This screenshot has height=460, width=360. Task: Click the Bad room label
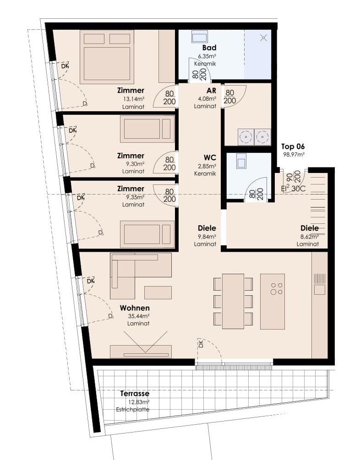point(209,48)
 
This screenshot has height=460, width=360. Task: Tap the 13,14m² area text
point(134,99)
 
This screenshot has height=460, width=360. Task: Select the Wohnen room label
point(135,308)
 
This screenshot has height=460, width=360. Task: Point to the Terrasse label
point(135,394)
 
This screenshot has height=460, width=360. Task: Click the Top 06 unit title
point(293,146)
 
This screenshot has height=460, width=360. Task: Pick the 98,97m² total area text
point(294,154)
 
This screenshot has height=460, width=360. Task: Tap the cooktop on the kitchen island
point(277,289)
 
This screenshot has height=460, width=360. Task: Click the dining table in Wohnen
point(233,301)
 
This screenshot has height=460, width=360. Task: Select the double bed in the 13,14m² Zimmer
point(107,55)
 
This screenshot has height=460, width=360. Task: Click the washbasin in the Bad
point(200,37)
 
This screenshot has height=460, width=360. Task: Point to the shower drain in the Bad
point(264,38)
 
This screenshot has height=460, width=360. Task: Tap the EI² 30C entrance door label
point(293,189)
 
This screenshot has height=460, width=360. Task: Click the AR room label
point(212,91)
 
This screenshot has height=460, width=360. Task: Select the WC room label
point(210,157)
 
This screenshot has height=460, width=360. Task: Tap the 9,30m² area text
point(134,164)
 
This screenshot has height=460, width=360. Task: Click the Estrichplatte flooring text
point(133,410)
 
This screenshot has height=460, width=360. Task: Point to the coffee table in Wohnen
point(158,292)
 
